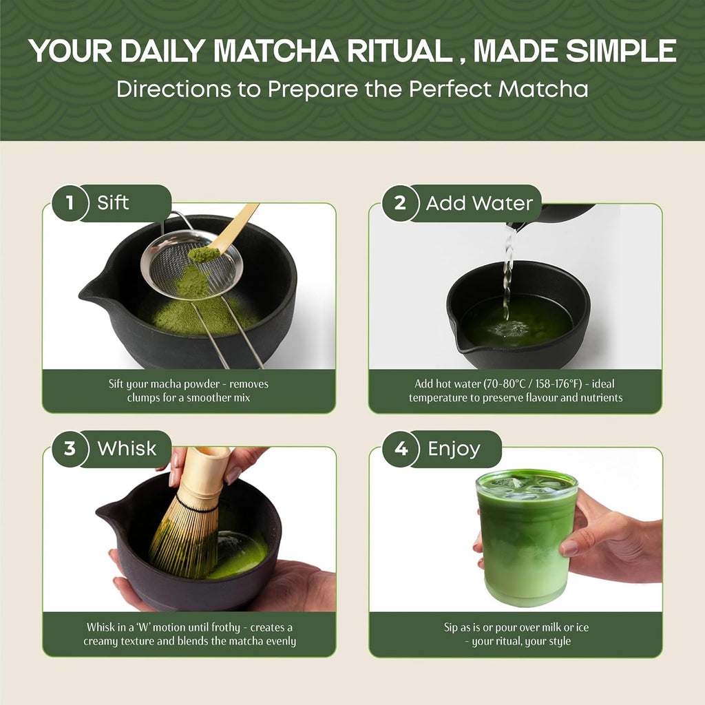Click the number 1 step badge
point(70,203)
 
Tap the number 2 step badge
point(400,203)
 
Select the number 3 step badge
point(70,449)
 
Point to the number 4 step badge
point(400,449)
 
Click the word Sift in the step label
point(113,203)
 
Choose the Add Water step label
point(479,203)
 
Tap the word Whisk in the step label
point(127,449)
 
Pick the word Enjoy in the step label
point(454,450)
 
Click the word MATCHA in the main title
point(276,51)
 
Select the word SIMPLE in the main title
point(622,51)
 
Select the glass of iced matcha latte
point(527,537)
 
